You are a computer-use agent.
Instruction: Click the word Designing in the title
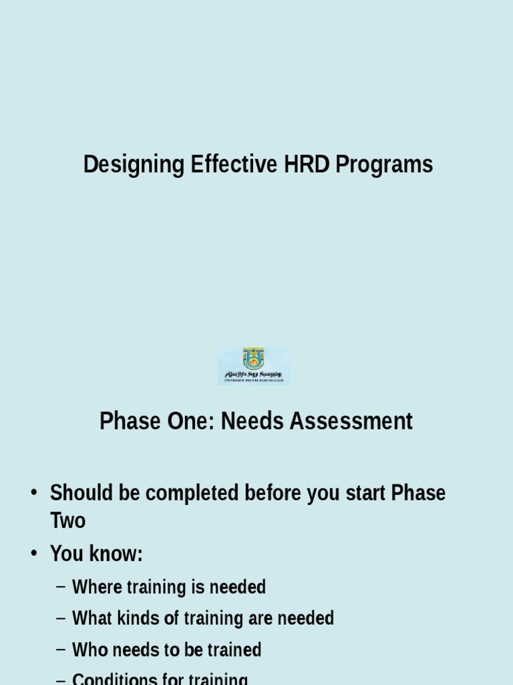133,165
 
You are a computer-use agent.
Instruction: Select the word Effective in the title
234,165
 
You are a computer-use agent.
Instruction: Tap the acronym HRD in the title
307,165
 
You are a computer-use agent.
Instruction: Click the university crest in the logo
253,359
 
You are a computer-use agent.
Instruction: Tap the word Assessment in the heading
350,421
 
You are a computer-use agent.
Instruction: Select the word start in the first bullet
365,494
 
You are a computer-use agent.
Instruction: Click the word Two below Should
67,521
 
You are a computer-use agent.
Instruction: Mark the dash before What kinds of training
61,619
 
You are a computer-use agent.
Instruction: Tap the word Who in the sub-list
90,650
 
